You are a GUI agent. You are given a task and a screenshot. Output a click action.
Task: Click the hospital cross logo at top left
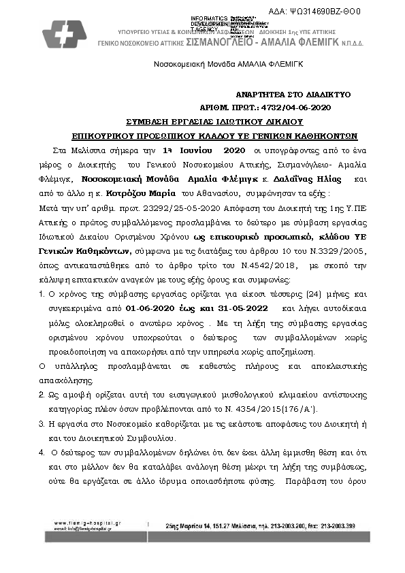click(64, 33)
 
